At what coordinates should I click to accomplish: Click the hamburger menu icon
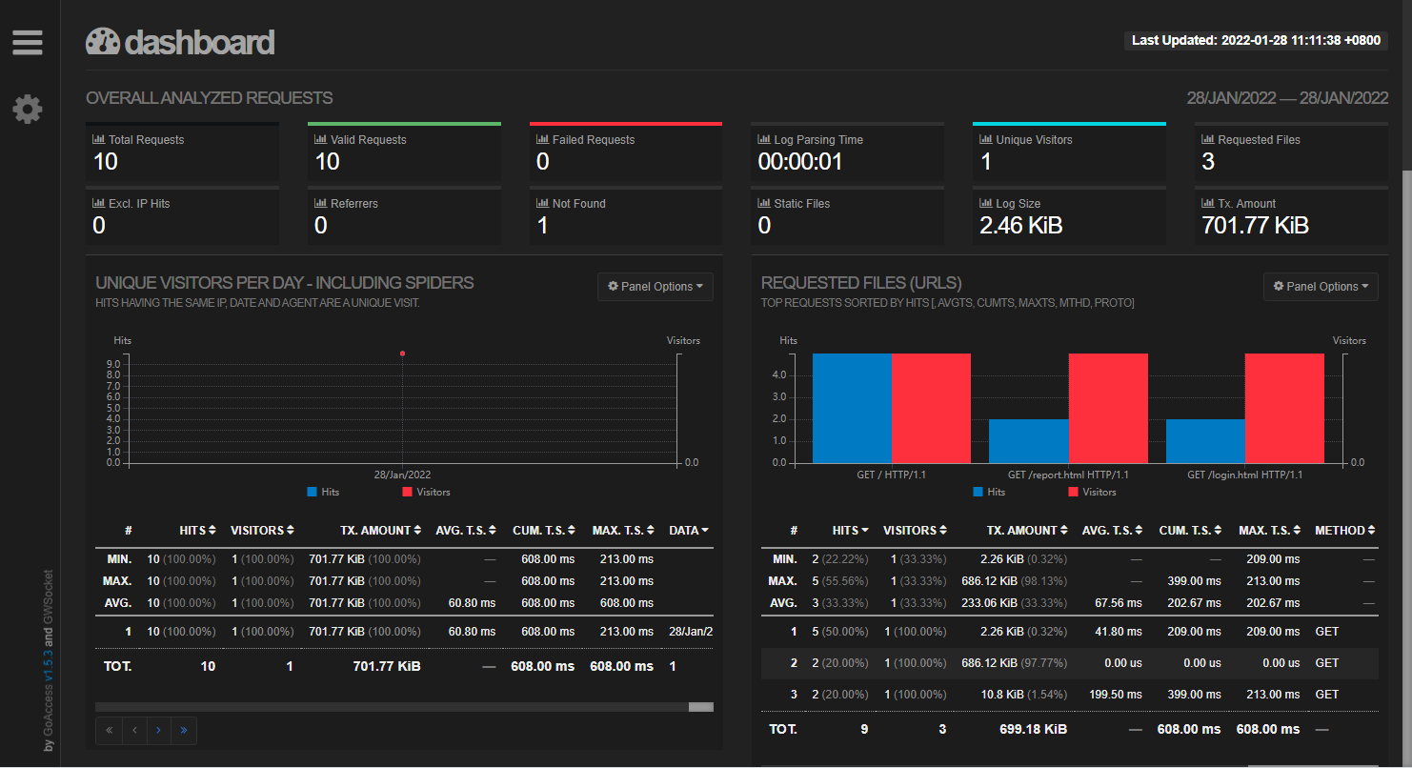(x=27, y=42)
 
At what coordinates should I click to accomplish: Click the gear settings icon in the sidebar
(x=27, y=109)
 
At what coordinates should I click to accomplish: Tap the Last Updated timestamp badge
(x=1255, y=40)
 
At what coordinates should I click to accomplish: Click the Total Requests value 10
(x=106, y=162)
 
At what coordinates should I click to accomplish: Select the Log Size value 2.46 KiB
(x=1020, y=226)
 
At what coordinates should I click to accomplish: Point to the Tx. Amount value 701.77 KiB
(x=1255, y=226)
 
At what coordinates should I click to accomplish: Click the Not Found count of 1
(x=542, y=226)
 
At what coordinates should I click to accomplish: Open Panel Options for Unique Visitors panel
(x=656, y=287)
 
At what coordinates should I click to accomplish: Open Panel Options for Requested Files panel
(x=1321, y=287)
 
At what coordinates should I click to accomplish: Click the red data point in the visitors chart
(x=402, y=354)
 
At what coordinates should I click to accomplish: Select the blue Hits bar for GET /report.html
(x=1028, y=441)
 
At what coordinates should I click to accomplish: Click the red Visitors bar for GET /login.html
(x=1284, y=408)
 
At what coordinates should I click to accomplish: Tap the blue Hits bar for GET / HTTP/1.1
(x=852, y=408)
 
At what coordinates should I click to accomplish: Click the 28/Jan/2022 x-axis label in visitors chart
(x=402, y=475)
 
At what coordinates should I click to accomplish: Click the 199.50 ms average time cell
(x=1115, y=695)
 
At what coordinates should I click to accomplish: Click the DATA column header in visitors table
(x=688, y=531)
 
